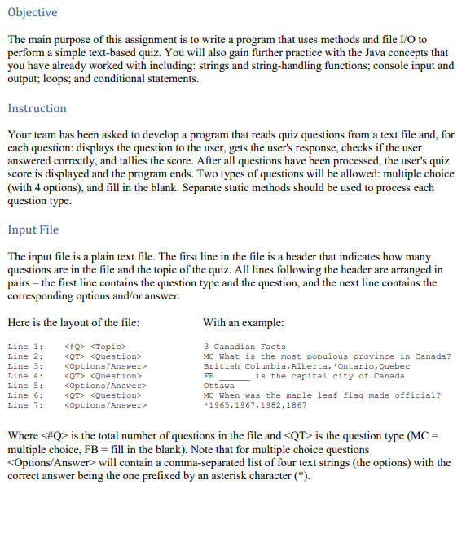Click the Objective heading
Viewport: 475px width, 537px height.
click(x=33, y=12)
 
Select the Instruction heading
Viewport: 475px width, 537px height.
click(x=37, y=108)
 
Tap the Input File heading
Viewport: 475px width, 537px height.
click(x=33, y=229)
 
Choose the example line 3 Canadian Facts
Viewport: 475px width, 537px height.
click(x=244, y=347)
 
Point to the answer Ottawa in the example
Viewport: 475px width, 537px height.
click(x=218, y=386)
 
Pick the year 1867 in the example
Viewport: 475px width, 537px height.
click(x=294, y=404)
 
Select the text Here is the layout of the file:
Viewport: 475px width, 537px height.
click(x=73, y=322)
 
